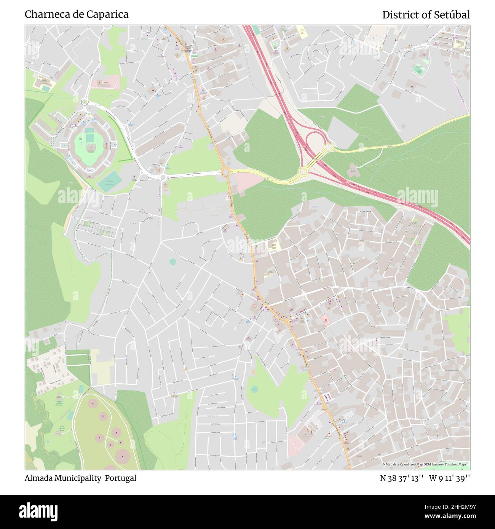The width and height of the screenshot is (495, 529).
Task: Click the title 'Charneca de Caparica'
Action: coord(77,14)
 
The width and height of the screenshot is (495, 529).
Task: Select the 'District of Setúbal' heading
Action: coord(426,15)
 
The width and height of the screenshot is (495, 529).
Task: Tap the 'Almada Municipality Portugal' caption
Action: coord(80,478)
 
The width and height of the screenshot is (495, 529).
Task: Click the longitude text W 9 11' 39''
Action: coord(449,478)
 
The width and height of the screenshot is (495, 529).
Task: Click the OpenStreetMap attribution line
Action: coord(425,464)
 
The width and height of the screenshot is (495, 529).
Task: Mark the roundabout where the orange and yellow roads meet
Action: coord(225,172)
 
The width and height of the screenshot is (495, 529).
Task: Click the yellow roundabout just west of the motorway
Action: coord(303,172)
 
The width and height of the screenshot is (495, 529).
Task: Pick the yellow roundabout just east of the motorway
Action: coord(328,146)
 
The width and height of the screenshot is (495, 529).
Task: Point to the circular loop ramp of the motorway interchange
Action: coord(315,139)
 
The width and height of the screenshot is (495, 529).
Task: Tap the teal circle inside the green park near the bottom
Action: coord(254,389)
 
